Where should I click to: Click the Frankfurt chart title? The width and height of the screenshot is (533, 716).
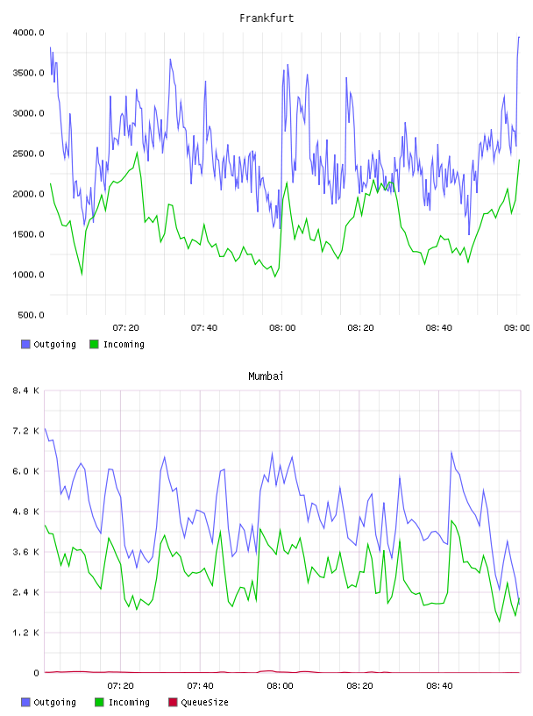[266, 18]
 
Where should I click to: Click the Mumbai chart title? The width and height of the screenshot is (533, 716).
[266, 376]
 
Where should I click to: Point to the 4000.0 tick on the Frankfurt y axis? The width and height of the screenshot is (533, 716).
[28, 32]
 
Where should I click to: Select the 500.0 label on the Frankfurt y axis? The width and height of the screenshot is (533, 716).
[31, 315]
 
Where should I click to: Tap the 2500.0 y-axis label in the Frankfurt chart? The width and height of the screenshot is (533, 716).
[28, 154]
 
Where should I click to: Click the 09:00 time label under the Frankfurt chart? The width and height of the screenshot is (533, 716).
[517, 327]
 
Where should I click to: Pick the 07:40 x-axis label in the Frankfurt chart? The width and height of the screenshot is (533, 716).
[204, 327]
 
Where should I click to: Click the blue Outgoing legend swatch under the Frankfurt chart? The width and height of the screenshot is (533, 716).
[25, 344]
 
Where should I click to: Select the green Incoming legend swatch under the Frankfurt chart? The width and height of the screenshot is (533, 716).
[94, 344]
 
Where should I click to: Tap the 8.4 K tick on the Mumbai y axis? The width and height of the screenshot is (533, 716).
[25, 390]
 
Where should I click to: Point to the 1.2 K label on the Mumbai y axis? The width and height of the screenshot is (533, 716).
[25, 633]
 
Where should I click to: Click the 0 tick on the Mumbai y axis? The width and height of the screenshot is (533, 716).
[36, 673]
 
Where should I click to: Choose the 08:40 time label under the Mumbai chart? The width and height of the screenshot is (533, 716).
[439, 685]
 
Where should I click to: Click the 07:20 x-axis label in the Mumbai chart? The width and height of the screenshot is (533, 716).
[120, 685]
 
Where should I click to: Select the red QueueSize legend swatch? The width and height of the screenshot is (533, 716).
[173, 702]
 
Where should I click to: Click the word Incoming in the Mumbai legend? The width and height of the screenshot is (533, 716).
[129, 702]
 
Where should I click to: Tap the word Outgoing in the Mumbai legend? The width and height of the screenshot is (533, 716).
[54, 702]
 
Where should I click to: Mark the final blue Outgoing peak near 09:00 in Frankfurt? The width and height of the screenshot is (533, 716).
[519, 37]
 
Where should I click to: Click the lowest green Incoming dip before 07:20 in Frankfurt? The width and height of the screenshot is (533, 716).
[82, 274]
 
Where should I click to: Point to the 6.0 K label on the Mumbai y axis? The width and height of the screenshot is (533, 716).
[25, 471]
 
